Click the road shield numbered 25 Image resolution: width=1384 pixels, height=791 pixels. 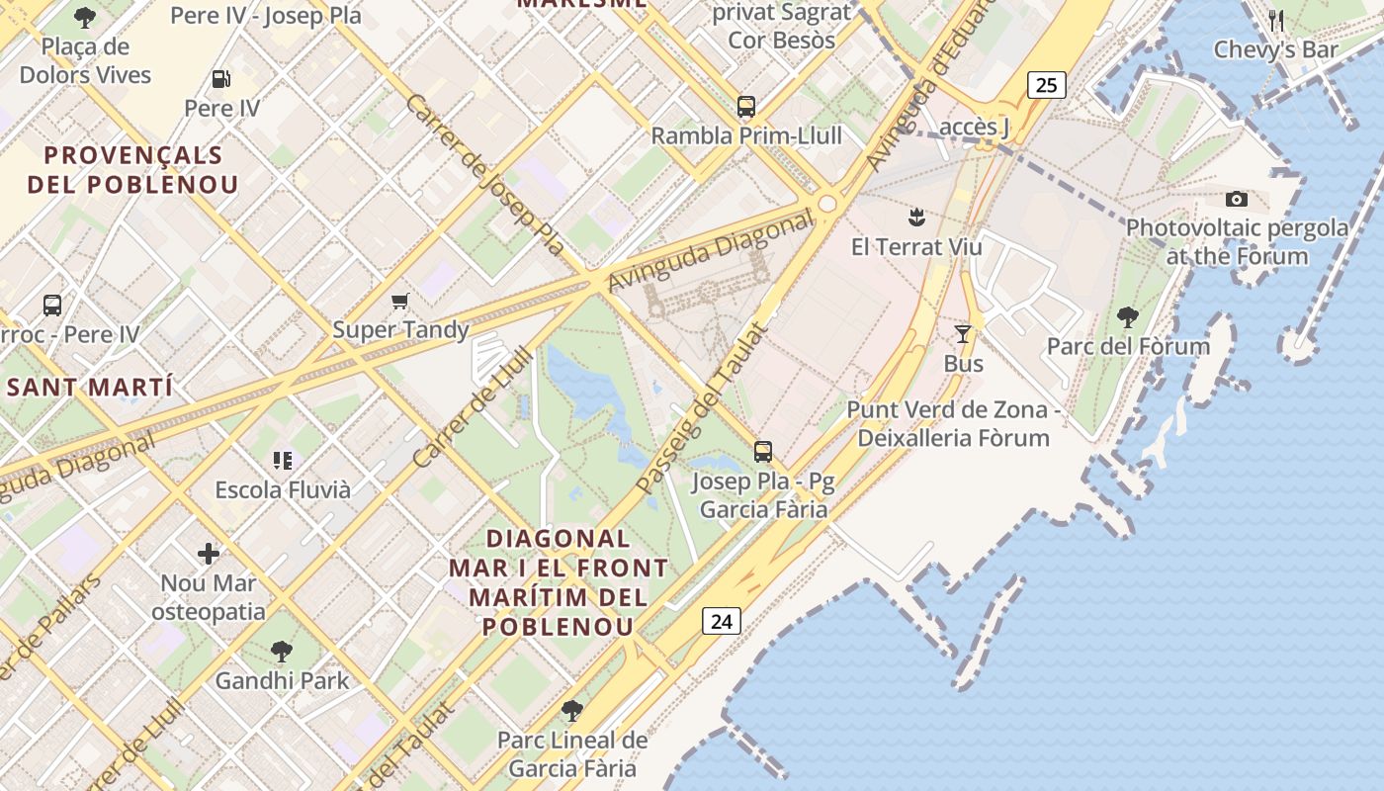point(1046,85)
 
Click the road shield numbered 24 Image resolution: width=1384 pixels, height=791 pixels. point(722,621)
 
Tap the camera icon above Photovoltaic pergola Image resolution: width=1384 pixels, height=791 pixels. point(1236,200)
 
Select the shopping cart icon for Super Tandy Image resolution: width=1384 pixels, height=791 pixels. point(400,302)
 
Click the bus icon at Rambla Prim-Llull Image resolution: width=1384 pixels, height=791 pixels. point(746,107)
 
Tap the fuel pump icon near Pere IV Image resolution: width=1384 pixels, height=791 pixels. point(221,79)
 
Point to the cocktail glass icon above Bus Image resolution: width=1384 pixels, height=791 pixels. point(963,334)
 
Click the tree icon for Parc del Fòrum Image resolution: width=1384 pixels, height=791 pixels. point(1128,317)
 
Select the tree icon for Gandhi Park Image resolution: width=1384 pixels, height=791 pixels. point(282,652)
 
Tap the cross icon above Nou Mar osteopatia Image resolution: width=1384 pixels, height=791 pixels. point(208,553)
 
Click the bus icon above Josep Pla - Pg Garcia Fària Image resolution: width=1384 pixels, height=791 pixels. point(762,452)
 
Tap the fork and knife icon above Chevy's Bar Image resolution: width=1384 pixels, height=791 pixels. point(1276,20)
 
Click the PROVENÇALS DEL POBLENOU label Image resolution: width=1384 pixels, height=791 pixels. point(132,170)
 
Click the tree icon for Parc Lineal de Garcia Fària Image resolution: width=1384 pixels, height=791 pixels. point(571,711)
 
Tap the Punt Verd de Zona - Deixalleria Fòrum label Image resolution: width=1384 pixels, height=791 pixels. point(953,423)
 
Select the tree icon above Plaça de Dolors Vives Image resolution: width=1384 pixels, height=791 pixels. point(85,17)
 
